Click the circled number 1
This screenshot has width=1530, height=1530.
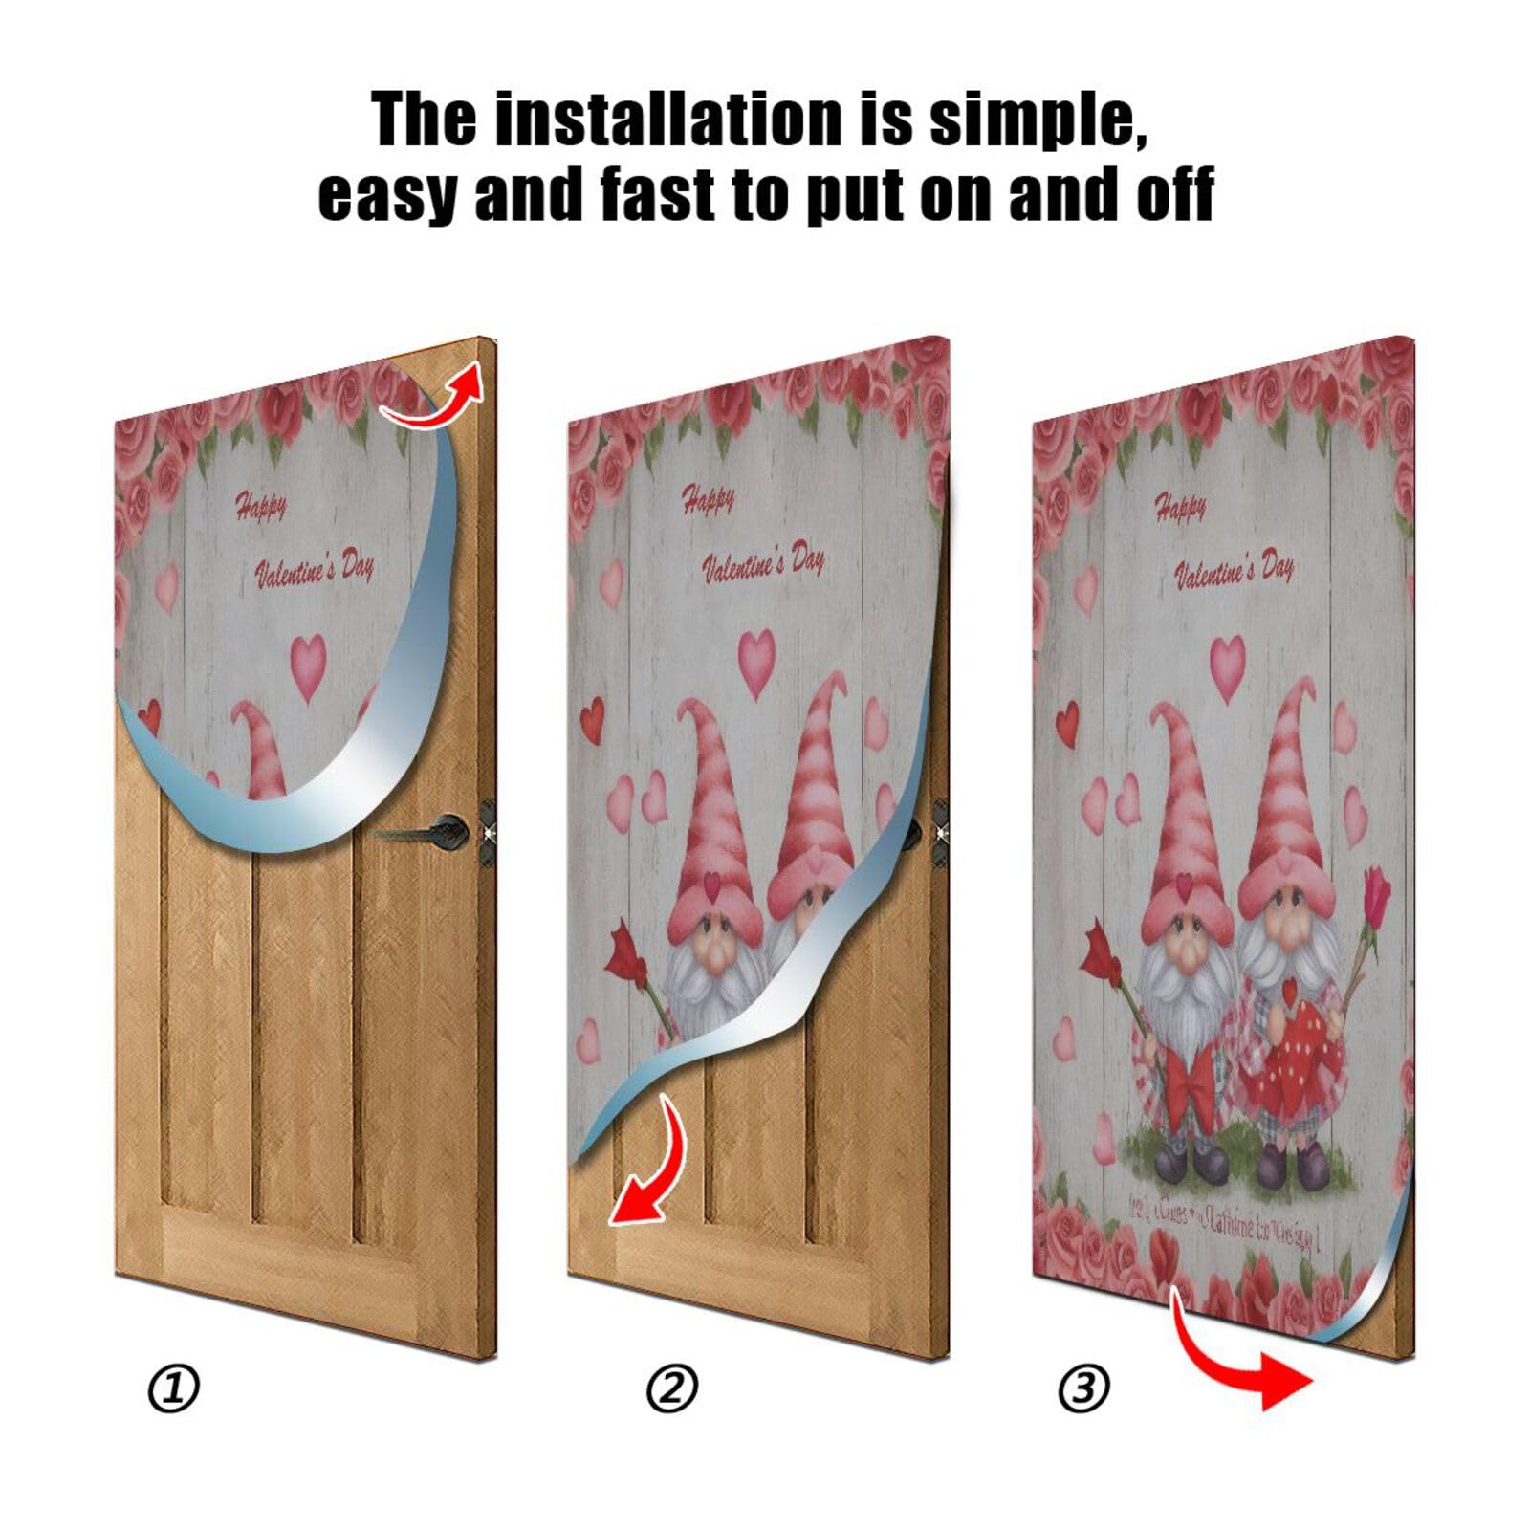[174, 1388]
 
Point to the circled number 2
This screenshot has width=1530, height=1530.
[672, 1388]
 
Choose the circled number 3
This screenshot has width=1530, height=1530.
[1084, 1388]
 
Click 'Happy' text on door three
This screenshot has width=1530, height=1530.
[1180, 507]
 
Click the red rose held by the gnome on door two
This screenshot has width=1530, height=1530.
[628, 950]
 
